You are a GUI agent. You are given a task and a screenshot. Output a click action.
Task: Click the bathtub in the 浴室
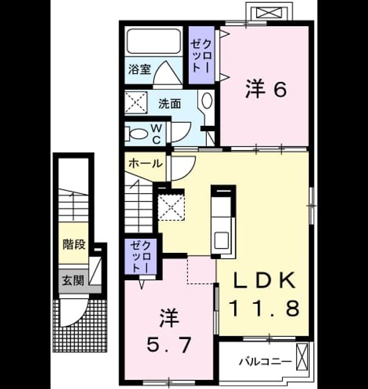tap(154, 41)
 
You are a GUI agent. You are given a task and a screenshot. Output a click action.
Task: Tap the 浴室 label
tap(139, 69)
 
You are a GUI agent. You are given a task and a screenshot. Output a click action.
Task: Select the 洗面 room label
tap(170, 104)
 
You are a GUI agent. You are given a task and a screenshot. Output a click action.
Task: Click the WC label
tap(156, 134)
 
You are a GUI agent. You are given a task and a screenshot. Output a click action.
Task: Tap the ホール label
tap(145, 164)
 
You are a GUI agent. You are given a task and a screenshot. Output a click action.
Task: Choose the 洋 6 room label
tap(266, 89)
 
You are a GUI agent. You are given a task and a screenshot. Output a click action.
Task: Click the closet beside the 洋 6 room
tap(201, 55)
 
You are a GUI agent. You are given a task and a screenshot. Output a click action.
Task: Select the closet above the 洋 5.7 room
tap(141, 256)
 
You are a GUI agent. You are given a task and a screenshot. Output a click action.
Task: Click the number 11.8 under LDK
tap(265, 308)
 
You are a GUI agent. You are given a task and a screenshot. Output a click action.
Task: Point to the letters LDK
tap(265, 280)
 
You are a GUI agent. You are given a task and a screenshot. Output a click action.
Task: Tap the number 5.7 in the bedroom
tap(169, 345)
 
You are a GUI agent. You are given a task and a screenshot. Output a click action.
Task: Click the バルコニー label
tap(265, 362)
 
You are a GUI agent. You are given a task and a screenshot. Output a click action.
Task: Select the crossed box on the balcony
tap(302, 356)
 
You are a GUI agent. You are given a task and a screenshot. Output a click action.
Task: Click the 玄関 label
tap(73, 281)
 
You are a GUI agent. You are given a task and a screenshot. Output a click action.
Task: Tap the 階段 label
tap(74, 244)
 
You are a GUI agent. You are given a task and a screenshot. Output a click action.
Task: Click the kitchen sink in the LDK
tap(221, 240)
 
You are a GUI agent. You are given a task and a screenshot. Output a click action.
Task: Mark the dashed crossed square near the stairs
tap(172, 207)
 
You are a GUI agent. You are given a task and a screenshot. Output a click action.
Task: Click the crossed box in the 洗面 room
tap(136, 103)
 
